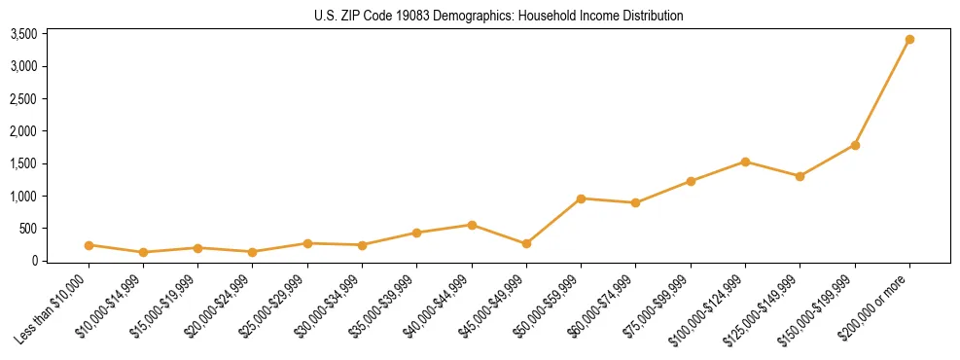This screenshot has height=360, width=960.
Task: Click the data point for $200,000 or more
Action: click(909, 40)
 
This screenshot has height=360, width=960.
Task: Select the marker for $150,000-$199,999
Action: click(855, 145)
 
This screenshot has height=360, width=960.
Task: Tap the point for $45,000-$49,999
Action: click(526, 243)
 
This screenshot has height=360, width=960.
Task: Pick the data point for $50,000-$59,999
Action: click(581, 198)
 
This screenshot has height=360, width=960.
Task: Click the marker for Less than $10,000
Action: click(89, 245)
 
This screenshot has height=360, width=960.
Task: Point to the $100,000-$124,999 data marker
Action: click(745, 162)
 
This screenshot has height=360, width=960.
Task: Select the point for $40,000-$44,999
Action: click(472, 225)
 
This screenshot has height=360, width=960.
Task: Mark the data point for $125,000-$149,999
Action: click(800, 176)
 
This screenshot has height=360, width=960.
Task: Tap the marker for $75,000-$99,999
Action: click(691, 181)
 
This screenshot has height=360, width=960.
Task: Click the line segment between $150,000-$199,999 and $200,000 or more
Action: click(882, 92)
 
